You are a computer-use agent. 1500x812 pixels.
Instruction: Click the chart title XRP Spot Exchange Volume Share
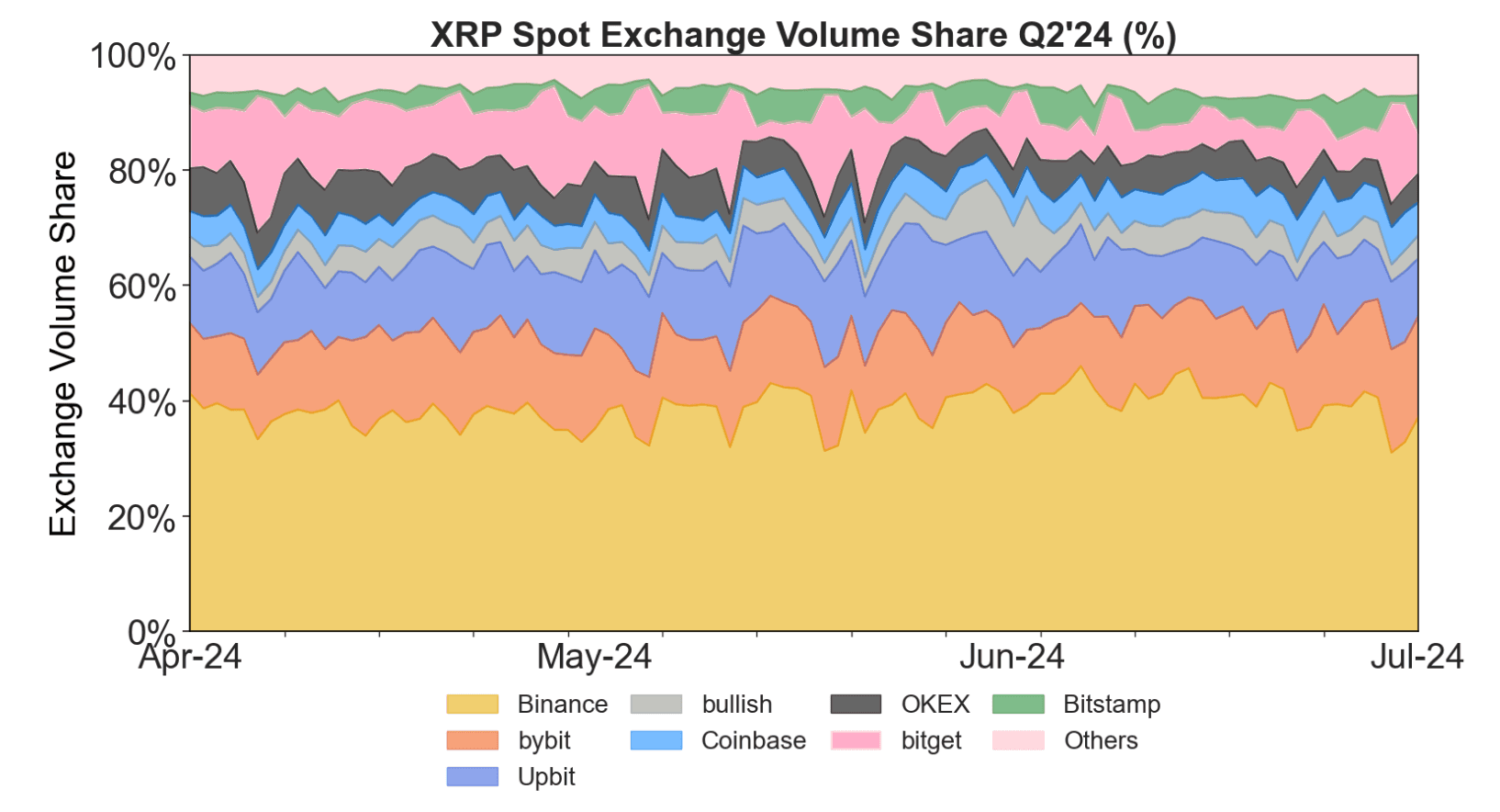[x=803, y=35]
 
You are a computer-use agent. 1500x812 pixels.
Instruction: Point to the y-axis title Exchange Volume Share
[x=62, y=344]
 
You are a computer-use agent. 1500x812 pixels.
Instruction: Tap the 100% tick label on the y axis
[x=133, y=56]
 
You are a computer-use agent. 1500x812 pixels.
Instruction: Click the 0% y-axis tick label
[x=151, y=632]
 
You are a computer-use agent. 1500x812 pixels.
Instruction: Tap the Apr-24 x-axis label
[x=190, y=657]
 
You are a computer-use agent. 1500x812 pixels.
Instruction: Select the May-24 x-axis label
[x=594, y=657]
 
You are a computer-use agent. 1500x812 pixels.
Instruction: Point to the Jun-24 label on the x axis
[x=1012, y=657]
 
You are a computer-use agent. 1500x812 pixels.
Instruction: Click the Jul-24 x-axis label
[x=1416, y=657]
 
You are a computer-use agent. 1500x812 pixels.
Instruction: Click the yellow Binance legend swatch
[x=472, y=705]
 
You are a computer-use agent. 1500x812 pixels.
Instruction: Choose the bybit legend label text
[x=544, y=740]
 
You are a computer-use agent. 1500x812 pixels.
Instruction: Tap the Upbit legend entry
[x=546, y=776]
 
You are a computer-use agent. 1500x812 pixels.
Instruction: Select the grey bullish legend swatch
[x=656, y=705]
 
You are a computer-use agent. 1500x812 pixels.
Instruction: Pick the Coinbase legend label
[x=753, y=740]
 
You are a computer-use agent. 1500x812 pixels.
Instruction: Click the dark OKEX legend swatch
[x=856, y=705]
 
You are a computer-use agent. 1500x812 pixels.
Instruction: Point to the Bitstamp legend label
[x=1112, y=705]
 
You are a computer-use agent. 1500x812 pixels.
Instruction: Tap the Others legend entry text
[x=1101, y=740]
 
